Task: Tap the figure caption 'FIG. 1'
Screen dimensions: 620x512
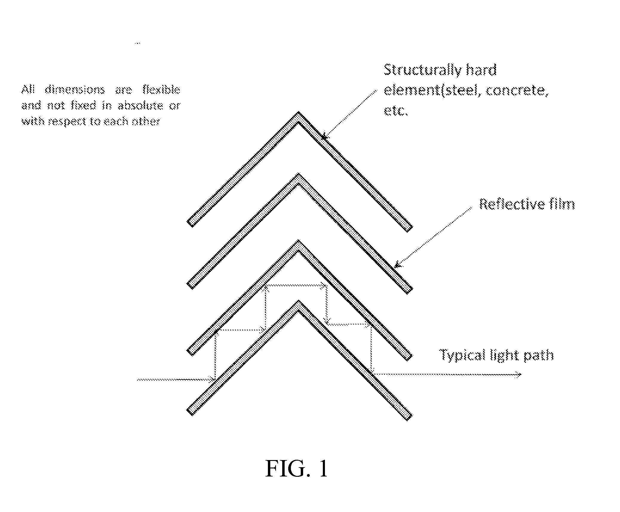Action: tap(297, 468)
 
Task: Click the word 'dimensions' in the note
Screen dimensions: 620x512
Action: tap(75, 90)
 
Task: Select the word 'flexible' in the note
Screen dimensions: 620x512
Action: tap(161, 90)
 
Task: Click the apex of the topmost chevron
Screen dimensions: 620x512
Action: tap(298, 113)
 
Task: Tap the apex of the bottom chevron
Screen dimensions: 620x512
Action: tap(298, 301)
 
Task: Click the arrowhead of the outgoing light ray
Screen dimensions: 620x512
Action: tap(519, 374)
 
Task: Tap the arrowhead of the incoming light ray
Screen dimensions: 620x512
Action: tap(213, 380)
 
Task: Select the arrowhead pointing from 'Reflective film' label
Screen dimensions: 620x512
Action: tap(397, 265)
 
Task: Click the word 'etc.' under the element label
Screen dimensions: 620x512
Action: tap(395, 111)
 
